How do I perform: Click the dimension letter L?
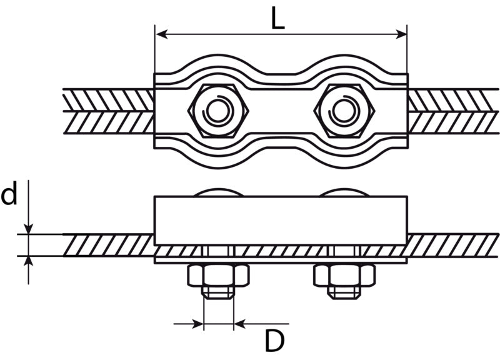click(277, 18)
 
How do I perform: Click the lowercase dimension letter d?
click(9, 194)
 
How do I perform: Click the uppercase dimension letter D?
click(274, 341)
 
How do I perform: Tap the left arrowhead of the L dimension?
click(162, 34)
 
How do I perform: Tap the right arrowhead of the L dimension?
click(401, 34)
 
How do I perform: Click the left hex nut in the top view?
click(218, 111)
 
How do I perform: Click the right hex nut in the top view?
click(344, 111)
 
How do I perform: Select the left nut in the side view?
click(218, 275)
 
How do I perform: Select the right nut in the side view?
click(344, 275)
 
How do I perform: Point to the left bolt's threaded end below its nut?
click(218, 292)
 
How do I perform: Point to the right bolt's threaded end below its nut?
click(344, 292)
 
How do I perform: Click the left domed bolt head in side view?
click(218, 192)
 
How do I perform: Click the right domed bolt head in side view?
click(344, 192)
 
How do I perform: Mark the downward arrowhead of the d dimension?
click(29, 229)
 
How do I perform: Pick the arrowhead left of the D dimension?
click(197, 324)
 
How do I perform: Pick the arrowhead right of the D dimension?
click(240, 324)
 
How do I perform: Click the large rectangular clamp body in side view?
click(281, 221)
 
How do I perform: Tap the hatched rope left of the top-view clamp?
click(108, 111)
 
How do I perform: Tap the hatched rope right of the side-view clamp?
click(452, 245)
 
